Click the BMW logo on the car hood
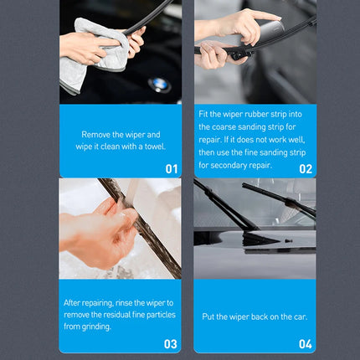tap(158, 84)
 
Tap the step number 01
tap(171, 167)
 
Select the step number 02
tap(306, 167)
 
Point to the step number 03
tap(170, 343)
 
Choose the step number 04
tap(306, 343)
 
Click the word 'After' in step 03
tap(74, 304)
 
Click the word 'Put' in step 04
tap(210, 316)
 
